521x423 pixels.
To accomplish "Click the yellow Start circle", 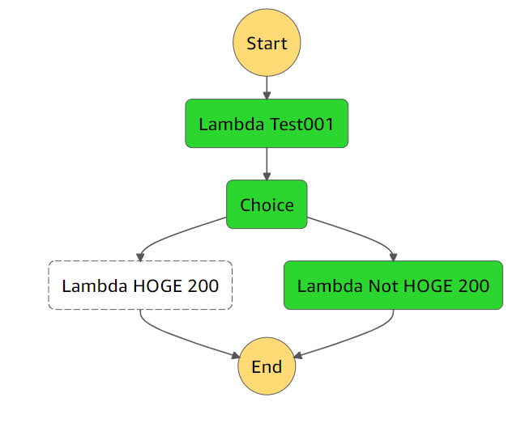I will [267, 44].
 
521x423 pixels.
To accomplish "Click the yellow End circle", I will [267, 366].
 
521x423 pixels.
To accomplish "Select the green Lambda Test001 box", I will [267, 124].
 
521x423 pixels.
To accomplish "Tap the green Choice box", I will [267, 205].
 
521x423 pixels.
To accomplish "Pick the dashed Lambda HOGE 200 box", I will [140, 286].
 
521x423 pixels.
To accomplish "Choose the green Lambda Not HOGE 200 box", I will [393, 286].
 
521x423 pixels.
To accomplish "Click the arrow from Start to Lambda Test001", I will [267, 86].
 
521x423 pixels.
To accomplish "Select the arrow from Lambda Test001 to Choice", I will [267, 163].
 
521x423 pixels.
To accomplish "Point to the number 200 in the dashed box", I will [202, 286].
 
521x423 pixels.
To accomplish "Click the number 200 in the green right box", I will [472, 286].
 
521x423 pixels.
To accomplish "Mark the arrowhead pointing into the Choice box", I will [267, 176].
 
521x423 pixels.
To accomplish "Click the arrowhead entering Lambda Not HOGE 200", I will [393, 256].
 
